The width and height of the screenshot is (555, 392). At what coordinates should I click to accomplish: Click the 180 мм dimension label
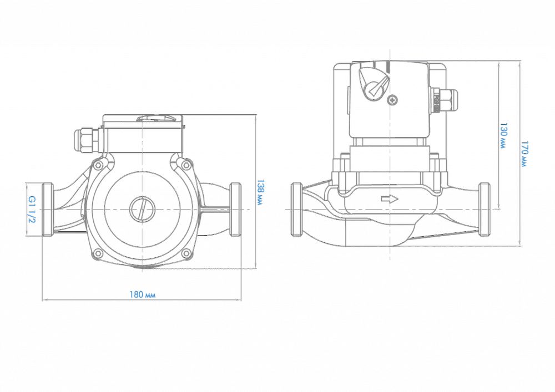(142, 294)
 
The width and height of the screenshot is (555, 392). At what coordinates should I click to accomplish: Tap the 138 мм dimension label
(260, 192)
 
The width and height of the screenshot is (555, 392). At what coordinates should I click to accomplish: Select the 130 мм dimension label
(503, 136)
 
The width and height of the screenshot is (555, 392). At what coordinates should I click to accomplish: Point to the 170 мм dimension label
(524, 154)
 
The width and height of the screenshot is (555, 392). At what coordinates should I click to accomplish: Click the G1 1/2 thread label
(32, 210)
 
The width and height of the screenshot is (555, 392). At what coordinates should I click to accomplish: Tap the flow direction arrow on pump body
(390, 198)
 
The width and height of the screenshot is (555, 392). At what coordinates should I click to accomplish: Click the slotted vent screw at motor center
(142, 210)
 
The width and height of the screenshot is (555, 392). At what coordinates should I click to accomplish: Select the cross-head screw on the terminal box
(393, 100)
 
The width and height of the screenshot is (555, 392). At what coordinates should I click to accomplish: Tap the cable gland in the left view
(87, 140)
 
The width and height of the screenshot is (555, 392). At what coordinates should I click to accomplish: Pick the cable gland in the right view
(445, 100)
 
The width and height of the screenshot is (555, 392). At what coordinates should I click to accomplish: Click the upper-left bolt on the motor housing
(98, 165)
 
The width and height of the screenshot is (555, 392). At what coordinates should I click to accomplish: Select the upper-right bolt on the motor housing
(185, 165)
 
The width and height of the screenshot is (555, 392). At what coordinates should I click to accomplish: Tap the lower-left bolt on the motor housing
(98, 253)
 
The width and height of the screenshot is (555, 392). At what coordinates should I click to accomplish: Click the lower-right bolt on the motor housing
(185, 253)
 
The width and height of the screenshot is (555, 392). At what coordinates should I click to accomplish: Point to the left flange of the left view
(48, 209)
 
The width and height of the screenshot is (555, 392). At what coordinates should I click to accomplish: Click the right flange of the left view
(235, 209)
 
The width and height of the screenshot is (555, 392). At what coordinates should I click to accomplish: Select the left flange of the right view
(296, 209)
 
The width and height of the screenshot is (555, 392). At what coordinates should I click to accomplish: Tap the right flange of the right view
(484, 209)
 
